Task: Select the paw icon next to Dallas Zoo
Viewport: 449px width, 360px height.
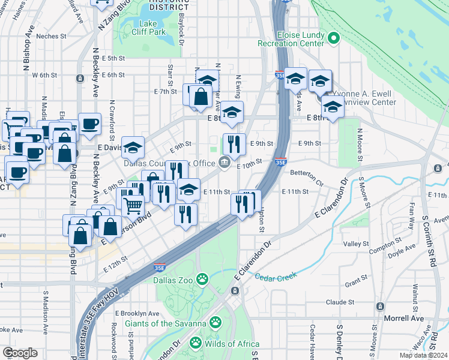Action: (x=203, y=279)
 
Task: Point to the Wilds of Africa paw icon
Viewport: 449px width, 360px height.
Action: (x=195, y=343)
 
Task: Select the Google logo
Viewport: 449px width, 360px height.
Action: (x=20, y=353)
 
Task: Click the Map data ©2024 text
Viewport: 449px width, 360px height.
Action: (x=423, y=355)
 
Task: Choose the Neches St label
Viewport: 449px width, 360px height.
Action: (x=51, y=36)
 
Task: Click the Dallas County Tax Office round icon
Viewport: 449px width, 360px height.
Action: (x=224, y=162)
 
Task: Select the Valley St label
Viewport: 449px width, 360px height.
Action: (x=356, y=244)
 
